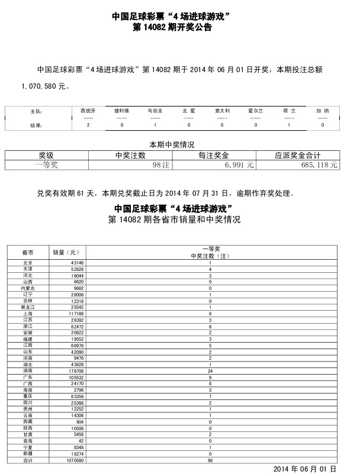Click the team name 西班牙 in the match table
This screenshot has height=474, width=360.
(87, 111)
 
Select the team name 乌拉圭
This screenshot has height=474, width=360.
(155, 111)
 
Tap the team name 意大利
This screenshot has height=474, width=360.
(223, 111)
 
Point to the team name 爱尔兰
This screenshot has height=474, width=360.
(256, 111)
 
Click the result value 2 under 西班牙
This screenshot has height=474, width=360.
(88, 125)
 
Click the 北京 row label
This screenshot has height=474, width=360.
(27, 262)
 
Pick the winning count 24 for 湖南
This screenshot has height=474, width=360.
(210, 371)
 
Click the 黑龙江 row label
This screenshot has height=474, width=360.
(27, 308)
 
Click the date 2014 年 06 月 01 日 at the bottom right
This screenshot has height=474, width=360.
(304, 468)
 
